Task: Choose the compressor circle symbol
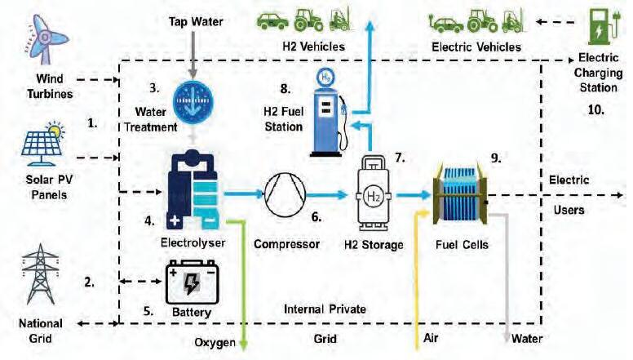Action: click(x=283, y=196)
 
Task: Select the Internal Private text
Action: click(x=325, y=309)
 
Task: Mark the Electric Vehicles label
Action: click(x=475, y=47)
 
